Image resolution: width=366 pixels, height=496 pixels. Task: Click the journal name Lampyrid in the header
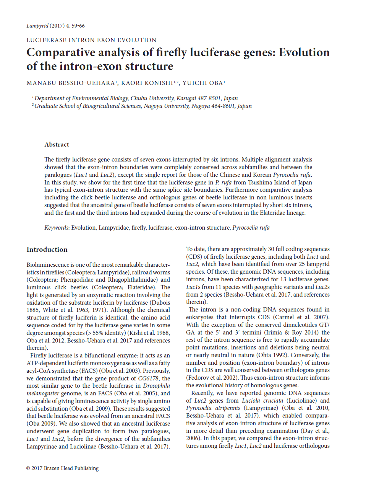[x=37, y=26]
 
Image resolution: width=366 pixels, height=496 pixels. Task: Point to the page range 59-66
[x=78, y=26]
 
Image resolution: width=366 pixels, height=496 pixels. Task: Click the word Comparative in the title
[x=61, y=52]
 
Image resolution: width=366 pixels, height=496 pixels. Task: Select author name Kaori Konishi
[x=147, y=83]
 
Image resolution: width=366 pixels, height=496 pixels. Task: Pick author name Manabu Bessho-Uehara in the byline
[x=71, y=83]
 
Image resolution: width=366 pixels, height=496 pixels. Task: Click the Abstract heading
[x=57, y=144]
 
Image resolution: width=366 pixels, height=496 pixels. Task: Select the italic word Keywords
[x=56, y=228]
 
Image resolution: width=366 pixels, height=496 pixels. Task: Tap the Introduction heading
[x=47, y=250]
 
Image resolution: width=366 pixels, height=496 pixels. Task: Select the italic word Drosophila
[x=156, y=386]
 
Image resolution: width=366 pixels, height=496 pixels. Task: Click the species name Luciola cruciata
[x=262, y=400]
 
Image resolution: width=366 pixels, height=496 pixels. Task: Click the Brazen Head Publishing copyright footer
[x=62, y=468]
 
